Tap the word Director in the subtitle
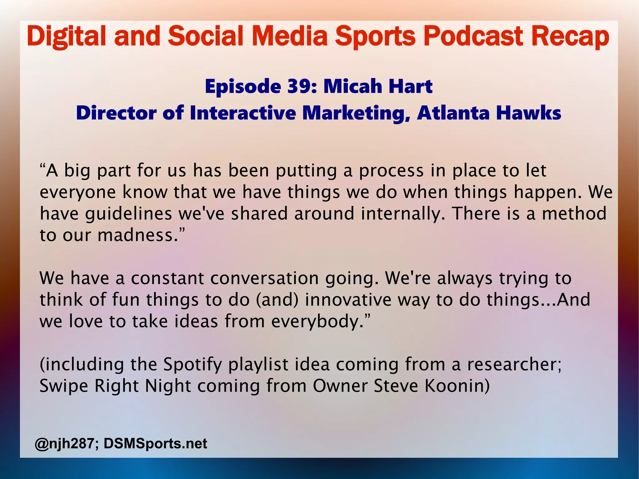tap(116, 113)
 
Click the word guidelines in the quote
tap(129, 214)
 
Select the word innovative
tap(348, 300)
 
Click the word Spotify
tap(193, 365)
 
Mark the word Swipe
tap(64, 386)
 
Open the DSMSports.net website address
tap(155, 443)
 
